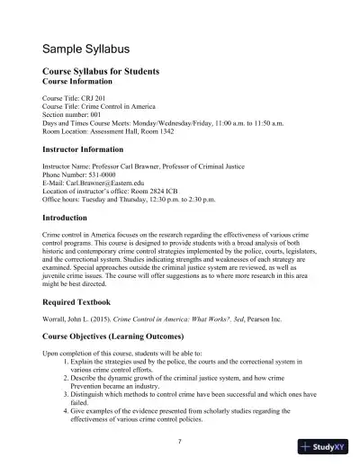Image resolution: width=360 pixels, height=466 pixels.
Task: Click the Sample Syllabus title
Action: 88,47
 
